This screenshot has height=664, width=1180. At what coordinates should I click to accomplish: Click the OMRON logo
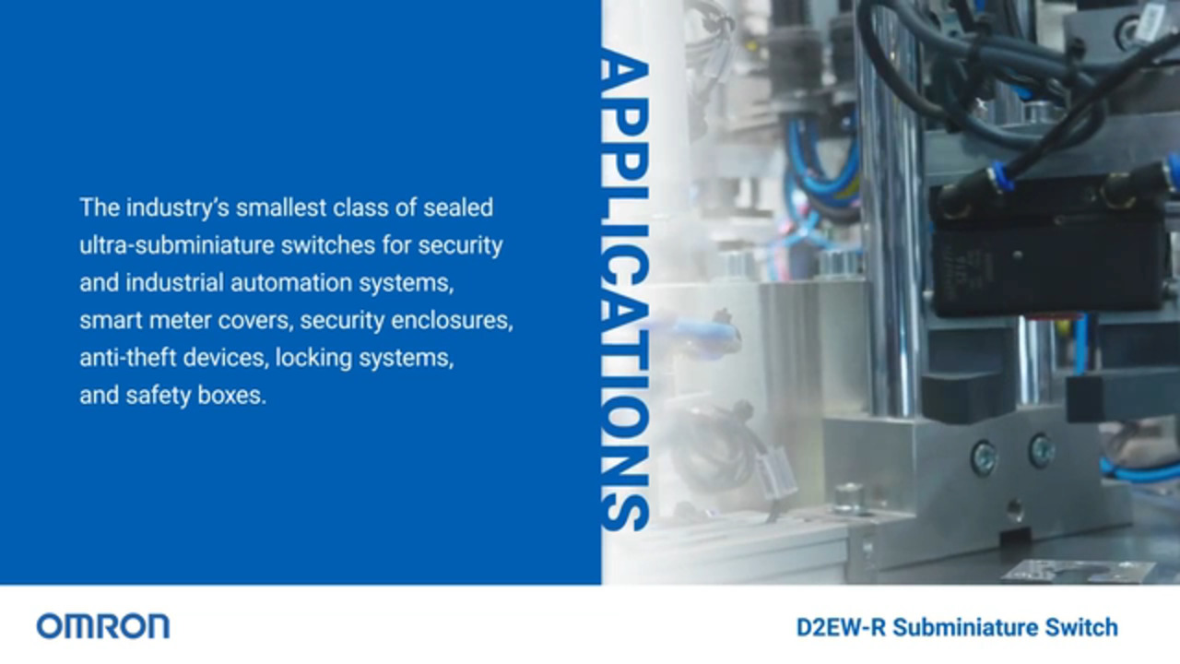tap(103, 626)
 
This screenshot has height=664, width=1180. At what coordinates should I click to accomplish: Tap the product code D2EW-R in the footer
tap(841, 627)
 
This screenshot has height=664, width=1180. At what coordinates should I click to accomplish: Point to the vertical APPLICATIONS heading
tap(625, 289)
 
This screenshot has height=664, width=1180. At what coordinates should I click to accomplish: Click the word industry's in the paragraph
tap(178, 208)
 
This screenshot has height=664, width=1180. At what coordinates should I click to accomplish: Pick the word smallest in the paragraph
tap(281, 207)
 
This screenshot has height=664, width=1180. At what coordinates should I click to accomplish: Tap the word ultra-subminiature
tap(175, 245)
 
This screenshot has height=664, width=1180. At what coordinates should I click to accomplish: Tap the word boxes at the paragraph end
tap(231, 396)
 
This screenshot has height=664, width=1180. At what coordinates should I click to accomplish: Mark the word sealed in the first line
tap(458, 207)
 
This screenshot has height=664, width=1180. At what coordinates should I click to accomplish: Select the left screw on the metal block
tap(983, 456)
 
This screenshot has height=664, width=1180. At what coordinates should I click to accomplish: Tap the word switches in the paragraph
tap(327, 245)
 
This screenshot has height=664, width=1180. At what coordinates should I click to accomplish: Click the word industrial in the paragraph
tap(175, 283)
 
